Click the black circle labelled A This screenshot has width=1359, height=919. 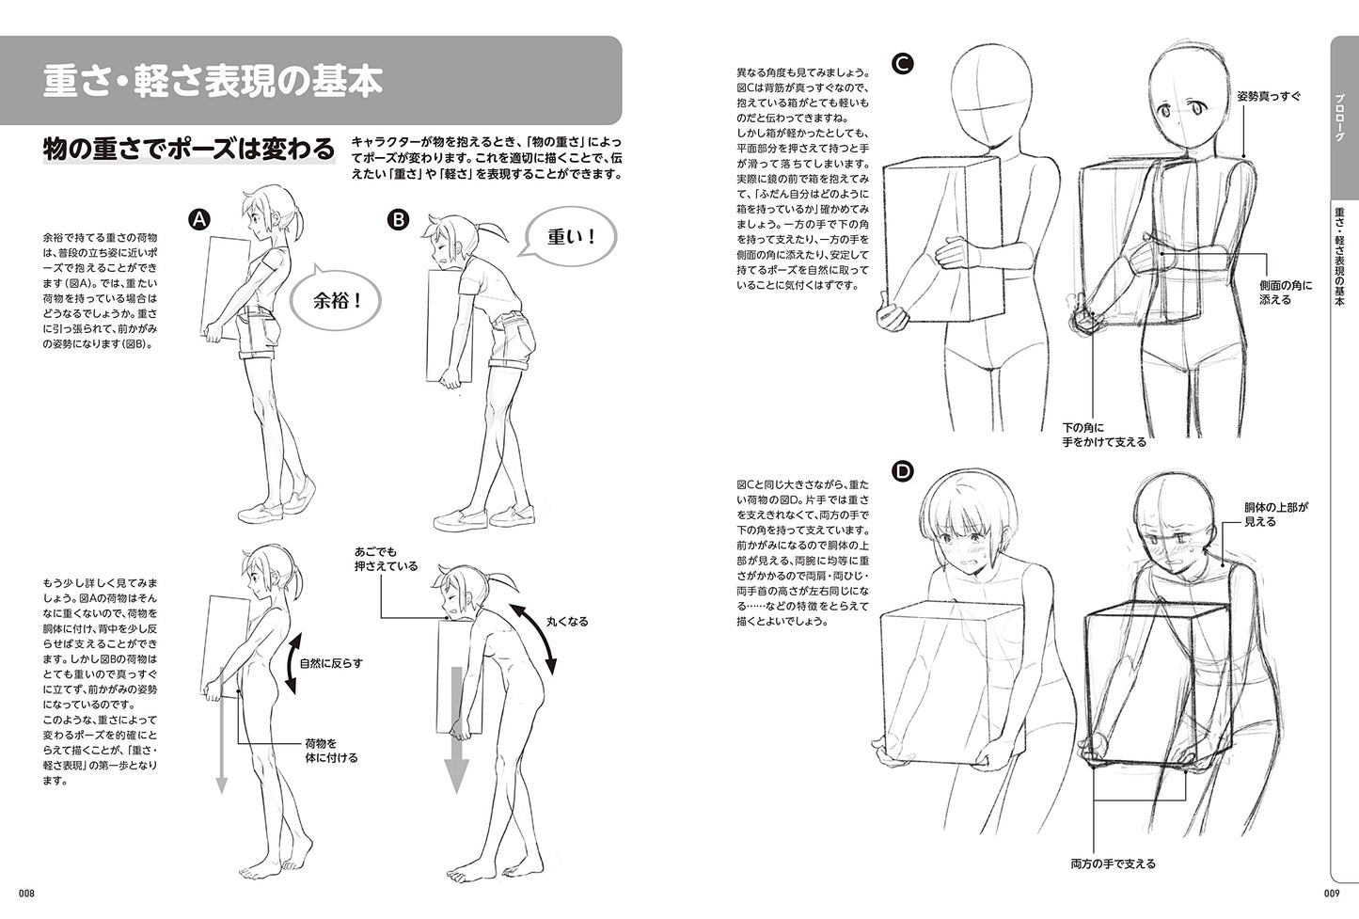[199, 219]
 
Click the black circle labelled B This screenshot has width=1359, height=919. [398, 219]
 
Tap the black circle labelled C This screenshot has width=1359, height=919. [903, 64]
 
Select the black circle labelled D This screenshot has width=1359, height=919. [904, 471]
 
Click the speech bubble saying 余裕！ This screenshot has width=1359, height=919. [336, 300]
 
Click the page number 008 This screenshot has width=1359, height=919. [26, 893]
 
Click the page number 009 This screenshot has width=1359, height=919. [1332, 893]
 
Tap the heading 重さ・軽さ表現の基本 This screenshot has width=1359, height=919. [213, 81]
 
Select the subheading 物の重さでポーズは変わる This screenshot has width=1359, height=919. [189, 150]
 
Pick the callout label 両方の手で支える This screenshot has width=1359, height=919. [1114, 864]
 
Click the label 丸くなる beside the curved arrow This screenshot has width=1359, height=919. [567, 622]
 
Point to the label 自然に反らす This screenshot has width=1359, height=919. [331, 664]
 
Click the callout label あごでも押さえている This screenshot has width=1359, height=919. [386, 559]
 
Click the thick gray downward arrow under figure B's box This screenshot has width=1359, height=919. [456, 730]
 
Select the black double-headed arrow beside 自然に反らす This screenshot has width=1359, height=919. [292, 664]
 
